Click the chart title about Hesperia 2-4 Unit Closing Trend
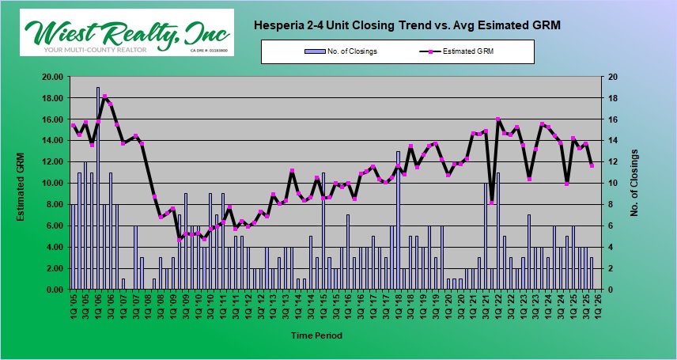click(407, 25)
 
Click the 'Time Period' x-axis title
click(316, 336)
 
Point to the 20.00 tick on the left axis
click(51, 78)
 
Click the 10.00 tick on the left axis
click(51, 184)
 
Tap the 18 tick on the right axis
click(611, 99)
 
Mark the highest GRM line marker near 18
click(104, 97)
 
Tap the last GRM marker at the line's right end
click(592, 165)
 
